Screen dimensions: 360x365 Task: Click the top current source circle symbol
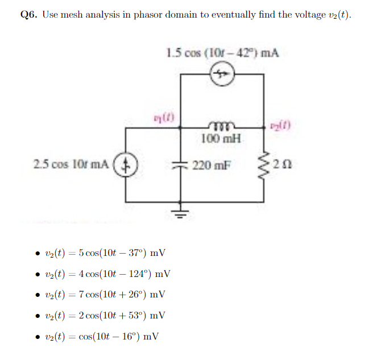pyautogui.click(x=222, y=74)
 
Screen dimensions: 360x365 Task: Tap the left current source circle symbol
pyautogui.click(x=126, y=165)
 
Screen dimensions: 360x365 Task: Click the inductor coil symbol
pyautogui.click(x=221, y=129)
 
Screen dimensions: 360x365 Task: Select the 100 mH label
pyautogui.click(x=221, y=138)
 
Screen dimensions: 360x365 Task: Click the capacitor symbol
pyautogui.click(x=181, y=165)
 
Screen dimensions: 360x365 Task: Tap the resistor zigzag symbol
pyautogui.click(x=263, y=165)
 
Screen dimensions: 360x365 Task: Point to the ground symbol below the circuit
pyautogui.click(x=181, y=213)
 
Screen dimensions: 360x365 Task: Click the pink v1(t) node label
pyautogui.click(x=164, y=119)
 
